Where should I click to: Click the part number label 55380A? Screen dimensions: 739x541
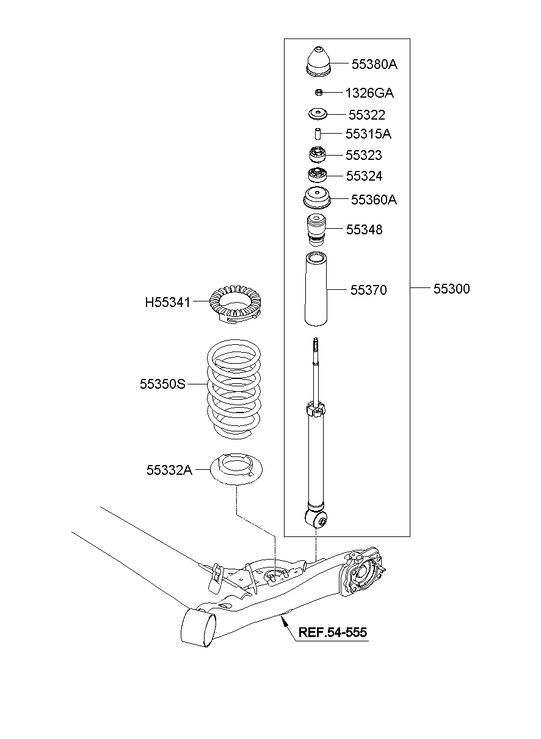374,64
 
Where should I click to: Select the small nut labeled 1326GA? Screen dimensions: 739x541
318,92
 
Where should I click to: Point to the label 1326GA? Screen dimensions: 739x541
369,93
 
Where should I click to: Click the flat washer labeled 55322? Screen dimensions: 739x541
318,114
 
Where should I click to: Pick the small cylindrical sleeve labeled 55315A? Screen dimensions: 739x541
318,134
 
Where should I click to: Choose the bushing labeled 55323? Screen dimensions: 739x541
318,155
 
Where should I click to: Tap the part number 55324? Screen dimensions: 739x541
364,176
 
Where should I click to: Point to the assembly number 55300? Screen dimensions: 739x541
452,289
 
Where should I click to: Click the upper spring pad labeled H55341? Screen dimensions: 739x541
235,303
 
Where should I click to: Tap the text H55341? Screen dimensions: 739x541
167,302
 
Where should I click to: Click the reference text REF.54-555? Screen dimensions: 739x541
333,633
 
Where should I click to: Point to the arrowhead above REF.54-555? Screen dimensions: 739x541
283,620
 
